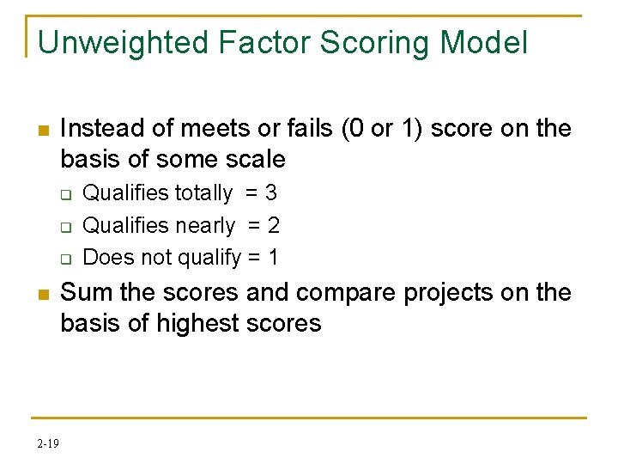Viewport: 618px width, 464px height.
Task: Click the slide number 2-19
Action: [48, 443]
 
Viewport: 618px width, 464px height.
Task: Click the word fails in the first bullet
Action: [307, 129]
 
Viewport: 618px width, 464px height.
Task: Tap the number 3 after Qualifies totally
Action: [270, 193]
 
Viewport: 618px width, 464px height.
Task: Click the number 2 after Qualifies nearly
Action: [274, 226]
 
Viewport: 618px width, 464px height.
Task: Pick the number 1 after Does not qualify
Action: [273, 257]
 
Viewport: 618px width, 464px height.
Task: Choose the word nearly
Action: [205, 226]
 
